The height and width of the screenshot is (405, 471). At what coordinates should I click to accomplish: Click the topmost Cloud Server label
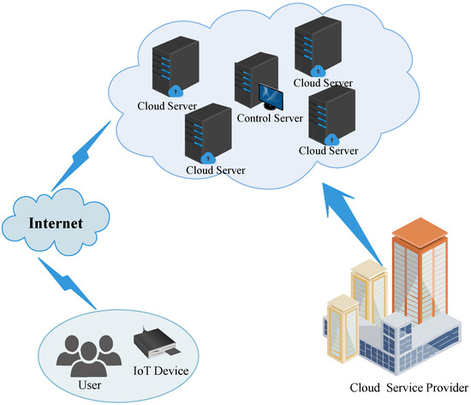tap(321, 82)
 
